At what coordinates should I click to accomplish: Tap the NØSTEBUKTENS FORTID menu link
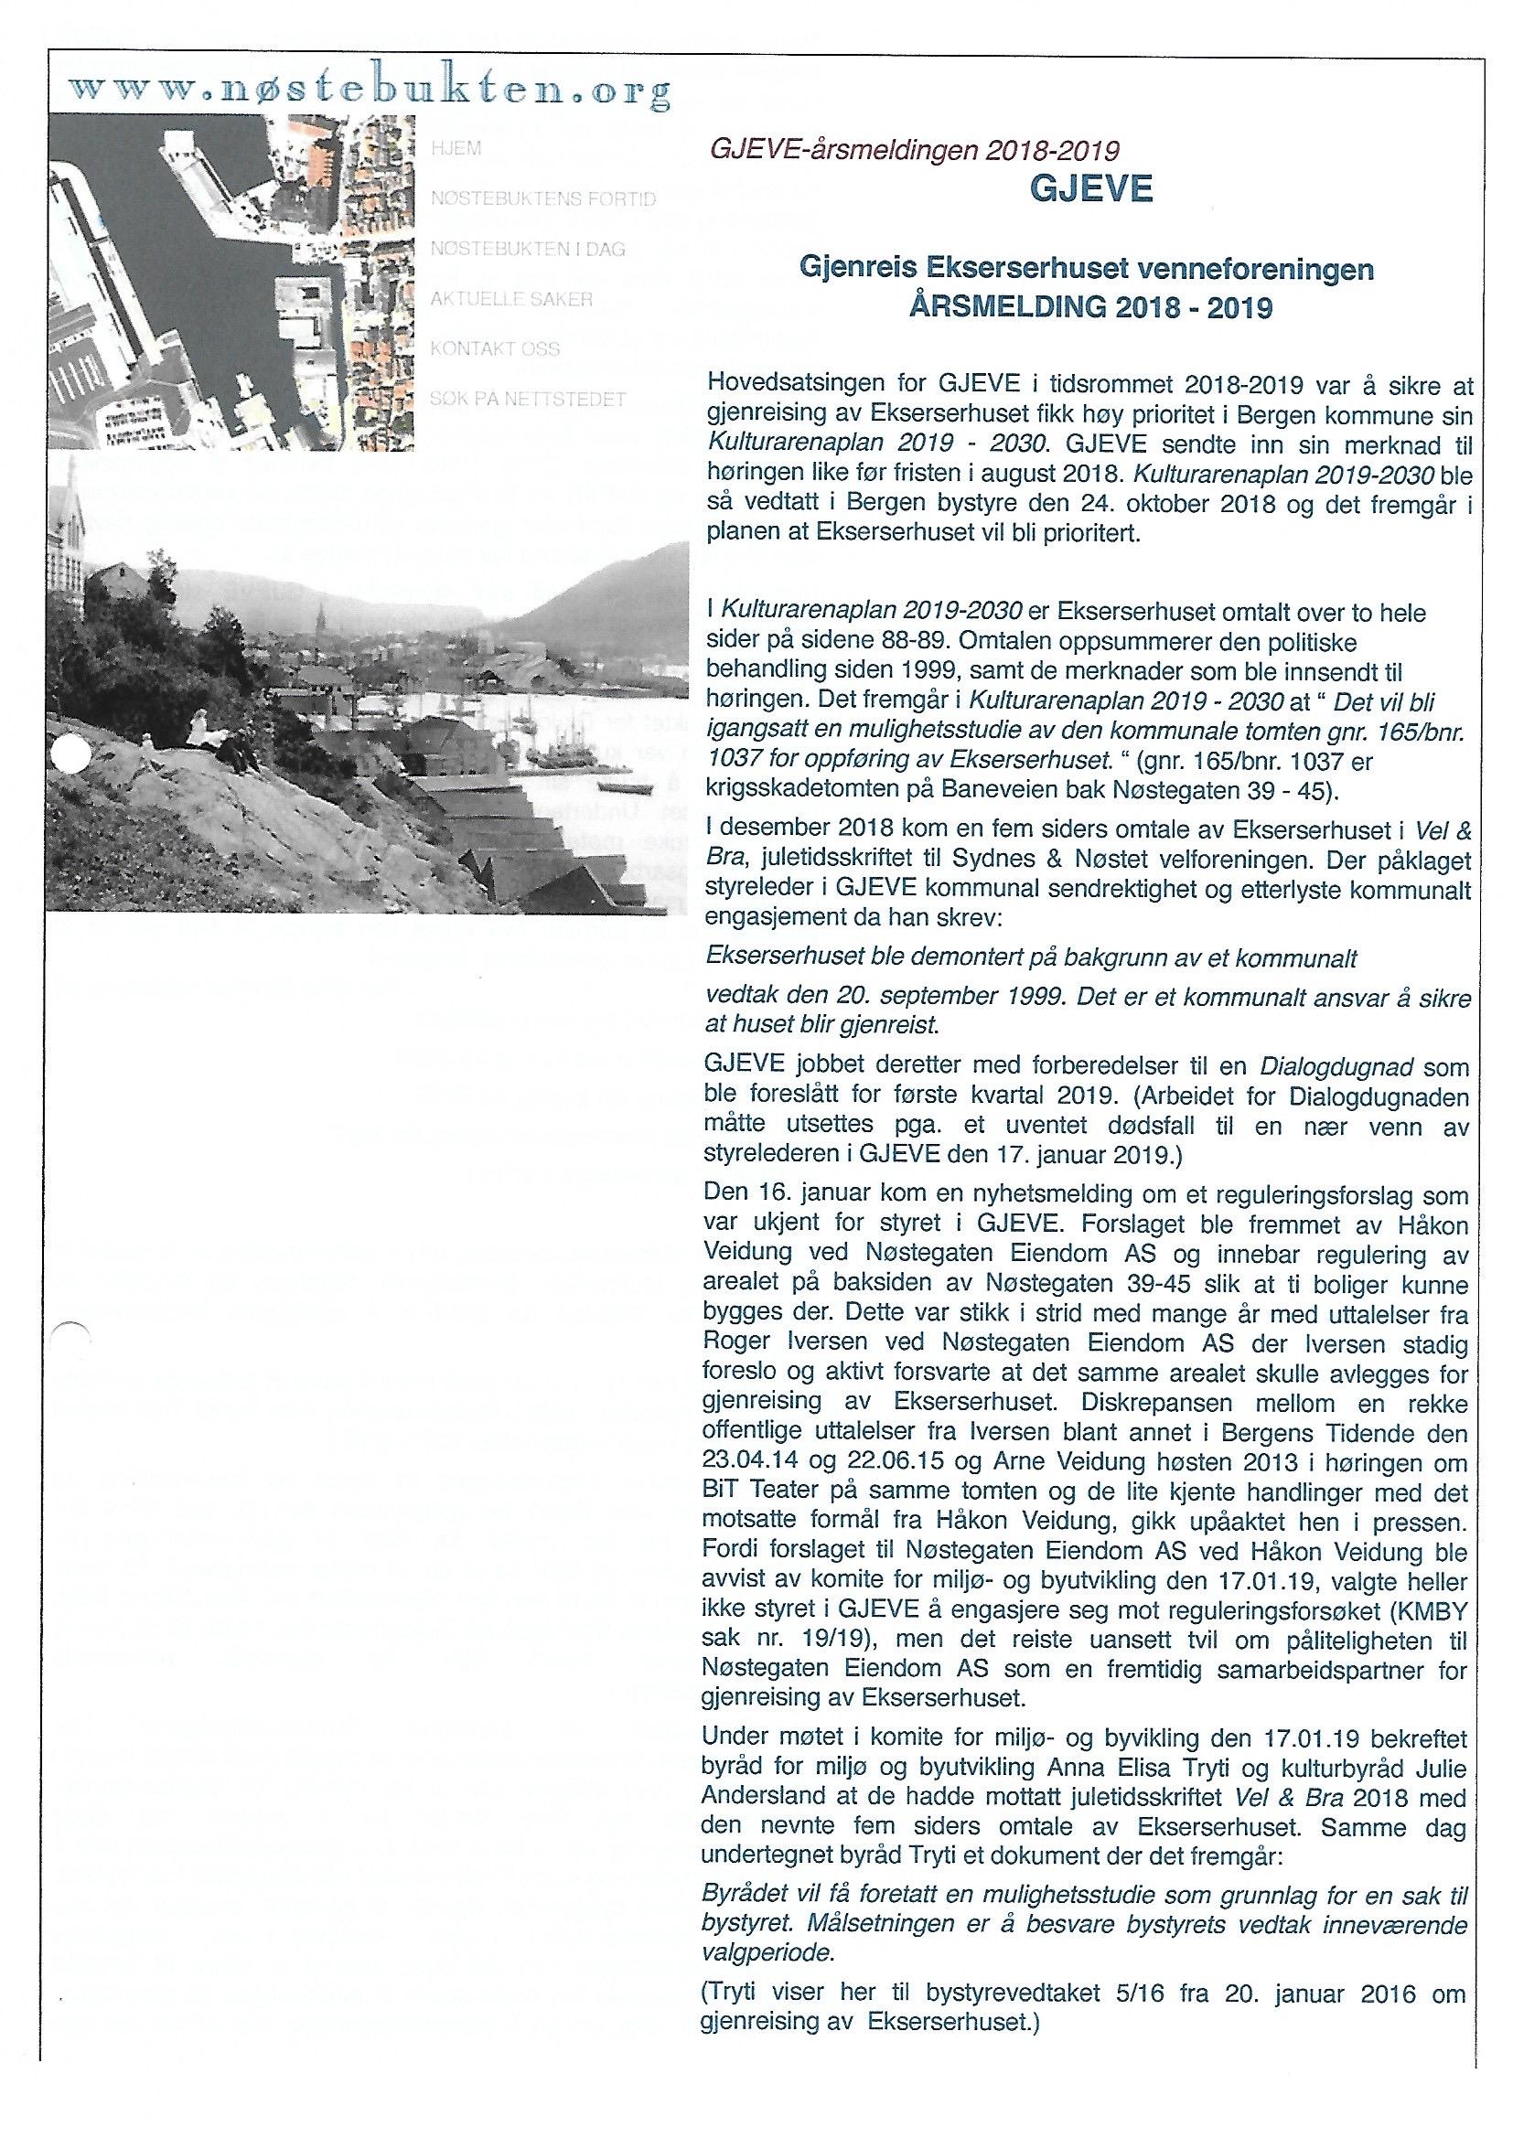tap(543, 199)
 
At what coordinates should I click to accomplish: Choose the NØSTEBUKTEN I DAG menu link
tap(527, 250)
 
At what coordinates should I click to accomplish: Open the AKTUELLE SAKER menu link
tap(511, 300)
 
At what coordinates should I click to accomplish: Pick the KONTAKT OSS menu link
tap(495, 349)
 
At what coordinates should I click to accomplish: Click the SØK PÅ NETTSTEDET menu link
tap(528, 400)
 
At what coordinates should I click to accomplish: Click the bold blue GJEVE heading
tap(1091, 190)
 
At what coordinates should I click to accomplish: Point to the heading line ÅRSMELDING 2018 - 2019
tap(1091, 307)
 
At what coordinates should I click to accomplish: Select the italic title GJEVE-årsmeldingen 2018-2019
tap(914, 150)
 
